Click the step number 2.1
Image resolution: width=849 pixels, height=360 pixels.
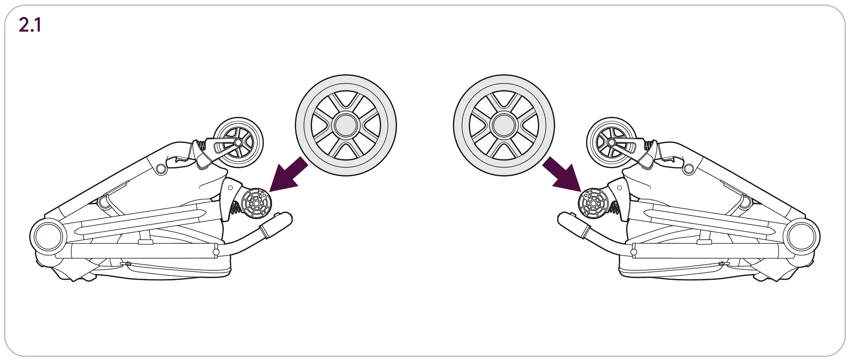pos(30,25)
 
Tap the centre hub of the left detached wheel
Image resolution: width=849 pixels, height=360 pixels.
pos(346,125)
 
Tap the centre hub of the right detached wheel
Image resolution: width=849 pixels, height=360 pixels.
pos(504,125)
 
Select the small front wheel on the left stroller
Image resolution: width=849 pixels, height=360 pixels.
pos(238,142)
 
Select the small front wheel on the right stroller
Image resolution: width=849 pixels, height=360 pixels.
pos(611,142)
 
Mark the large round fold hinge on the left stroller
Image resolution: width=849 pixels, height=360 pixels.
pos(47,236)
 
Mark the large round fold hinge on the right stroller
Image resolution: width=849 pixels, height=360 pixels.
pos(803,236)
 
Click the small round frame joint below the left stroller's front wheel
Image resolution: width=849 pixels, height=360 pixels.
pos(161,169)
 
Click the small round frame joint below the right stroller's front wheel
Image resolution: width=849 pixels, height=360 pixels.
pos(688,169)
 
